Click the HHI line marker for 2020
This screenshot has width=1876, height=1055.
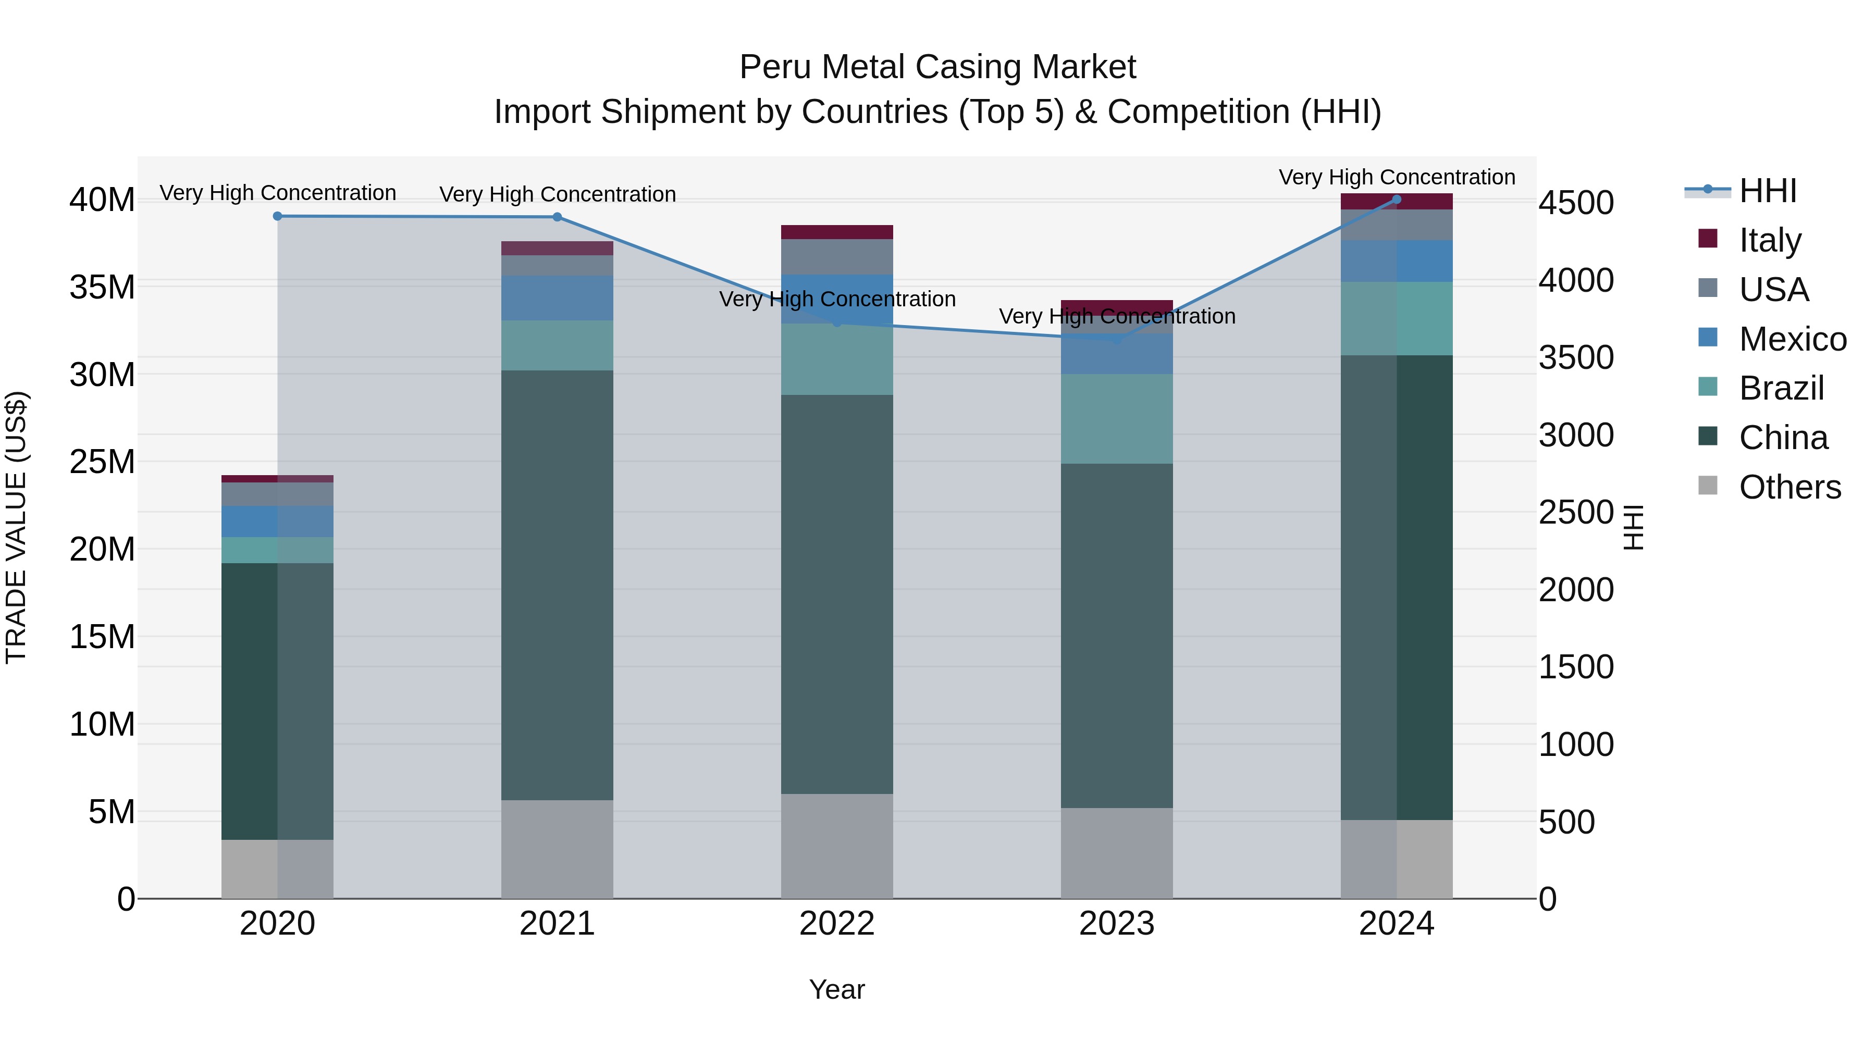(277, 216)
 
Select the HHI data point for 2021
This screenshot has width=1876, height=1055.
(557, 217)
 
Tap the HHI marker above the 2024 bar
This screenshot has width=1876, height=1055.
(1396, 200)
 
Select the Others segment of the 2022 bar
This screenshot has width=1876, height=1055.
(837, 846)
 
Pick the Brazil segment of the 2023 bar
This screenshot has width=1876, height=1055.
(1116, 419)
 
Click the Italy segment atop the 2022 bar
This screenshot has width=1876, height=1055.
(837, 232)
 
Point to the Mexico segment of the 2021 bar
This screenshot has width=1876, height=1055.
(557, 298)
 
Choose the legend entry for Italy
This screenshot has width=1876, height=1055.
(1770, 240)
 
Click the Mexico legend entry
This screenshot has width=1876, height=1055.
(1792, 339)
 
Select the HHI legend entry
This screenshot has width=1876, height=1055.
(1768, 191)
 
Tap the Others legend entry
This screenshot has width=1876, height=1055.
(1789, 487)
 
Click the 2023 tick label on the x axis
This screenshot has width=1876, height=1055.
(1116, 924)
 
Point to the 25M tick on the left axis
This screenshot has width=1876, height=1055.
(102, 462)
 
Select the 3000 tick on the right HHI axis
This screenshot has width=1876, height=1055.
(1576, 436)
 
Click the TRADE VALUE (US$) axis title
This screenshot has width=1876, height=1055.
(16, 527)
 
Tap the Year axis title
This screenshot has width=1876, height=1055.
(837, 989)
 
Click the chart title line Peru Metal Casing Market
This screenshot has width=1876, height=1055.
(937, 67)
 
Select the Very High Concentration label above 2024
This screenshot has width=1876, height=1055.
(1396, 177)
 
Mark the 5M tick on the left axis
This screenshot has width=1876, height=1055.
(112, 812)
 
